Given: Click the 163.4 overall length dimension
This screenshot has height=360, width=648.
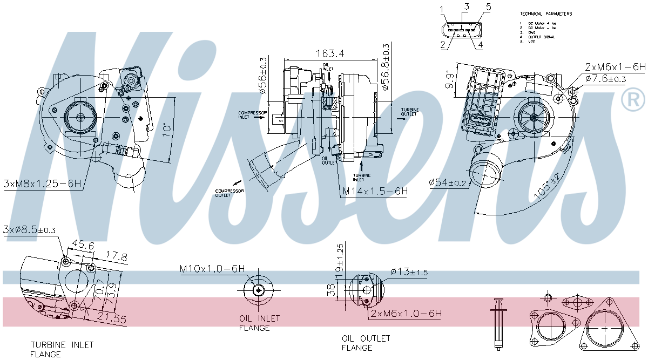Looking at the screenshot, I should [330, 53].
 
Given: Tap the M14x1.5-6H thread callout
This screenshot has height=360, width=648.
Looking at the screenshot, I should [375, 191].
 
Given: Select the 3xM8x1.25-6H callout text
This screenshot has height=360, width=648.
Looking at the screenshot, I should [42, 184].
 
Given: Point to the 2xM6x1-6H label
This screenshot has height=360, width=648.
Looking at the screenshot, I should [615, 67].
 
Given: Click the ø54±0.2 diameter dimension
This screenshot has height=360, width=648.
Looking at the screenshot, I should [448, 183].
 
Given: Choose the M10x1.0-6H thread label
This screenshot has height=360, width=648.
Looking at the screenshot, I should [212, 268].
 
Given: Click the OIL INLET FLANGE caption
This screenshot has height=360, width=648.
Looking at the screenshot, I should [255, 323].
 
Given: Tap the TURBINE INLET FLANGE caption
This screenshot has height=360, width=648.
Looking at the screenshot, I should [62, 349].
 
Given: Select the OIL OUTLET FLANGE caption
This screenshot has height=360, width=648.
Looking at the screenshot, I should [366, 343].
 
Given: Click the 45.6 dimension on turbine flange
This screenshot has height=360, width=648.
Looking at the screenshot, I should [83, 246].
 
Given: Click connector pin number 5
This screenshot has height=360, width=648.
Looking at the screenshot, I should [488, 7].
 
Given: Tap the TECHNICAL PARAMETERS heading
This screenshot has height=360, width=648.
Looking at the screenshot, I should [546, 13].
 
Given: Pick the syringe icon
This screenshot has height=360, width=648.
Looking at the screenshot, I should [497, 322].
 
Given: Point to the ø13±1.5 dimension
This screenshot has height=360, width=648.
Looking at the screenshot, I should [409, 273].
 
